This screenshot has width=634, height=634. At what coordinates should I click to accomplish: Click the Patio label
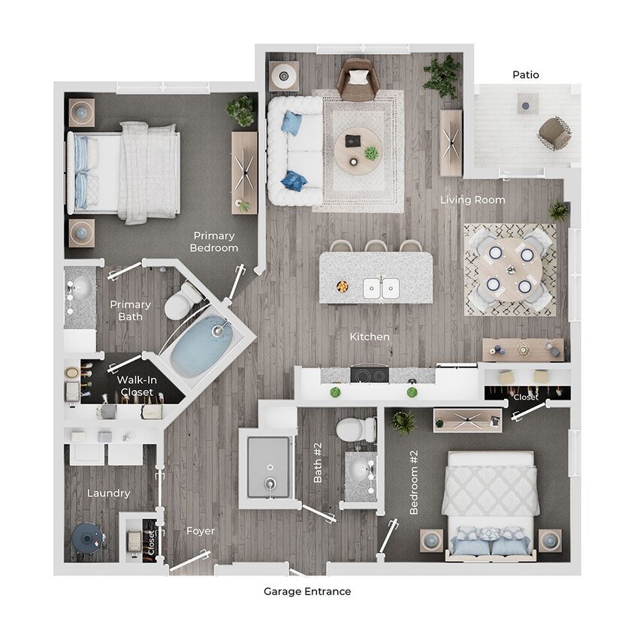point(525,74)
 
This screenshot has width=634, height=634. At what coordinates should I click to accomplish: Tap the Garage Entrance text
point(306,591)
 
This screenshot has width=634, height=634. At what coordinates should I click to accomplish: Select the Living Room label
point(472,200)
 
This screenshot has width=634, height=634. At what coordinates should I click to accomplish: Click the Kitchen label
point(370,337)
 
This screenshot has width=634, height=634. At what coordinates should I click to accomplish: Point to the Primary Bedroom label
point(213,241)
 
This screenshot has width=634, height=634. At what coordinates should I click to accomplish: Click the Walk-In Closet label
point(135,386)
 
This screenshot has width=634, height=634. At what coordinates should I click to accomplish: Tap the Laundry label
point(108,494)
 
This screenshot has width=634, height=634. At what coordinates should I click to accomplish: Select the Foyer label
point(201,531)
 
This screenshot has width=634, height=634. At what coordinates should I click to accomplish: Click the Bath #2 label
point(318,463)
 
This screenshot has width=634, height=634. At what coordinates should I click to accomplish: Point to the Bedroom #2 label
point(414,493)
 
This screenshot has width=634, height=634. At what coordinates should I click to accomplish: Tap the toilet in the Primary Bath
point(181,303)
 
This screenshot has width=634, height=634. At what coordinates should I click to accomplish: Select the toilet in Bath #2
point(356,430)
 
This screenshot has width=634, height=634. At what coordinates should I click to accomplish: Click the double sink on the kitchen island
point(381,287)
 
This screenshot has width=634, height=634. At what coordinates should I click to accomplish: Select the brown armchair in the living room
point(356,79)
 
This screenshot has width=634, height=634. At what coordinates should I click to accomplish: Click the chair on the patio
point(554,133)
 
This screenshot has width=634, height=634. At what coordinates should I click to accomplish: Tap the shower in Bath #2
point(267,468)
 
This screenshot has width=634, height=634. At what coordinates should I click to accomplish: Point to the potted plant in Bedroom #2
point(404,422)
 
